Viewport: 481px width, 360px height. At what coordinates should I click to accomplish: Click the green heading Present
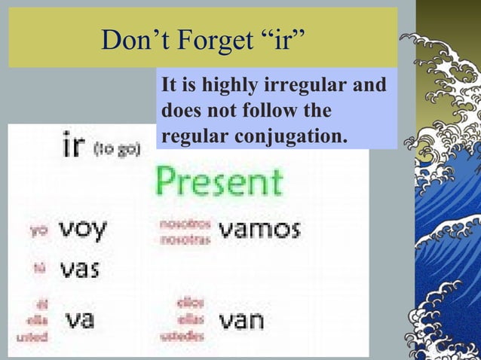click(219, 182)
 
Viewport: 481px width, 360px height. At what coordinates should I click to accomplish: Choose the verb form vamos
click(259, 229)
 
